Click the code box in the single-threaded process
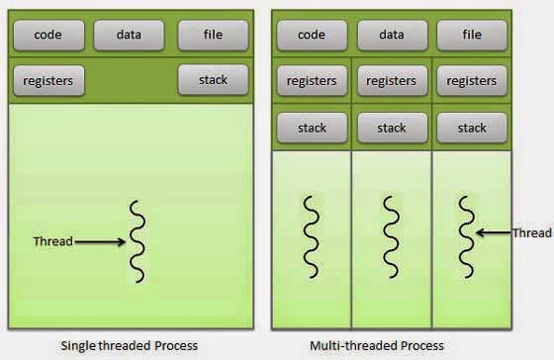point(48,36)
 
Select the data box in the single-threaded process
point(129,36)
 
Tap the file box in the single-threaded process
point(212,36)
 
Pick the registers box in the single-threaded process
point(48,79)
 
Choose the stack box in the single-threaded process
point(212,79)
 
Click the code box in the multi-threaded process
point(311,36)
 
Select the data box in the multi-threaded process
point(392,36)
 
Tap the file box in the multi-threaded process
point(472,36)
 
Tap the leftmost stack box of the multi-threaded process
point(311,128)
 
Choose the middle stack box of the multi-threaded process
point(392,128)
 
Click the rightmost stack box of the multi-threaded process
point(472,128)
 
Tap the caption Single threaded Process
point(129,345)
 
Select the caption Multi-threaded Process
point(391,345)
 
